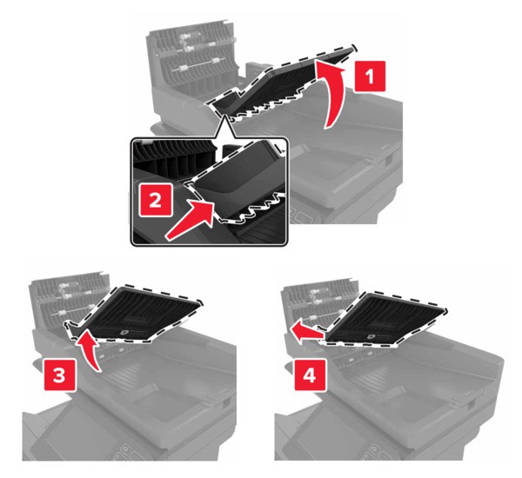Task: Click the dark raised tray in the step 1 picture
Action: (278, 83)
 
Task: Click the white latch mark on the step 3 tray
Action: (140, 331)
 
